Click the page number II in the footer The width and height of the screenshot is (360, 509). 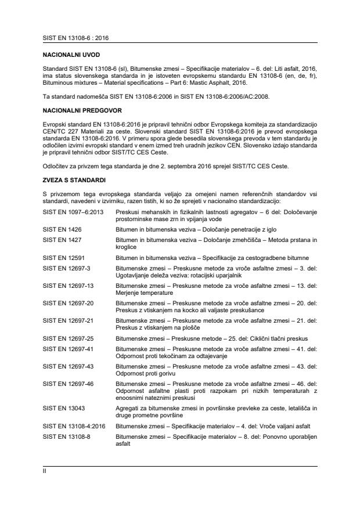(x=45, y=472)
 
